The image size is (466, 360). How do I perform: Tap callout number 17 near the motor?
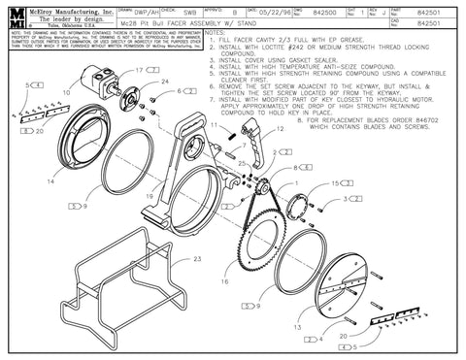[x=140, y=72]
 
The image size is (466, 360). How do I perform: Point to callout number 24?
[x=165, y=82]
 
